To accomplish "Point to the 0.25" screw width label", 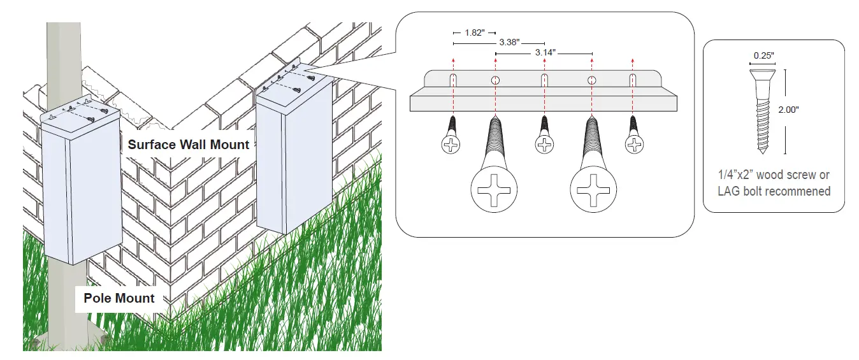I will pos(763,55).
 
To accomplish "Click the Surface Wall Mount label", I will pos(188,145).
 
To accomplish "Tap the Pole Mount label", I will pos(119,298).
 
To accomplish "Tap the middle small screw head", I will pos(544,145).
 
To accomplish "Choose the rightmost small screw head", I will pos(633,145).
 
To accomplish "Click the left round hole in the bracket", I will pos(494,80).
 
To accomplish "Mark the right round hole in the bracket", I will pos(592,80).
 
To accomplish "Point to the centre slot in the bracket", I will pos(544,81).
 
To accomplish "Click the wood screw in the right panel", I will pos(763,112).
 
